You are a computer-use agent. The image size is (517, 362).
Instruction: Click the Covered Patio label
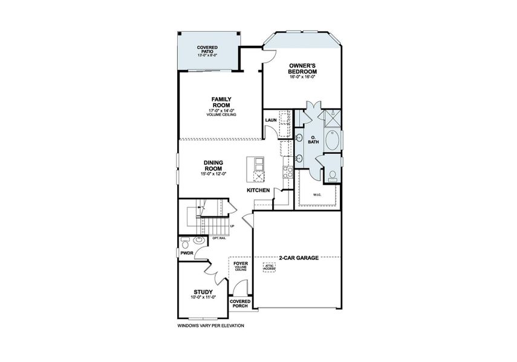207,49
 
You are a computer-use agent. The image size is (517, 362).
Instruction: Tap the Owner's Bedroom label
302,69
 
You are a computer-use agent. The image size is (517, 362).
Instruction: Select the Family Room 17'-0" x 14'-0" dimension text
221,111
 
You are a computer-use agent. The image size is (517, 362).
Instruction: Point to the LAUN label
271,120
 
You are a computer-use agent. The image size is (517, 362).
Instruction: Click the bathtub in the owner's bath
332,140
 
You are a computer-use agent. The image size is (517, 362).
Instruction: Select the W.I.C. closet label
317,195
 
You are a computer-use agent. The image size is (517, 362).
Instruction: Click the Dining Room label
213,165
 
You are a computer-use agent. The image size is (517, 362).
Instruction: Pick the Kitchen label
258,190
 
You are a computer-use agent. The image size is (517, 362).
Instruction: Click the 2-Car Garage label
299,258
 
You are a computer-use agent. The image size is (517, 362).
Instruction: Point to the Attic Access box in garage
269,267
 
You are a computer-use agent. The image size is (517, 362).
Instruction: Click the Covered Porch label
240,303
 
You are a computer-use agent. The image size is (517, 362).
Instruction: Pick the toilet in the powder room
185,243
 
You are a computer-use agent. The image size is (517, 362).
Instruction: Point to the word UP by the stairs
232,226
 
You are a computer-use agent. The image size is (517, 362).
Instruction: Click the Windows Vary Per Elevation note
210,326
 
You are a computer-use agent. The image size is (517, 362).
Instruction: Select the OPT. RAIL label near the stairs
219,238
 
